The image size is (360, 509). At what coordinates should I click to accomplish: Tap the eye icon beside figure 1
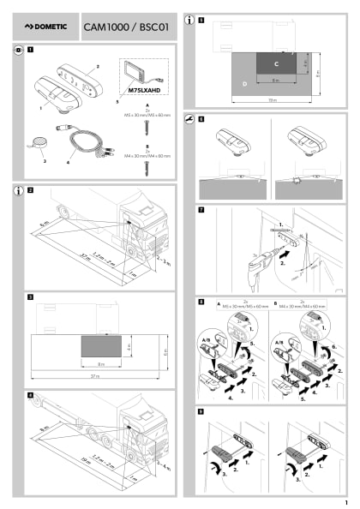pyautogui.click(x=19, y=51)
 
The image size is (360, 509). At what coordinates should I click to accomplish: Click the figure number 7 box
pyautogui.click(x=201, y=209)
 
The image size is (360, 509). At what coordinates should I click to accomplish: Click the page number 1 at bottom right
pyautogui.click(x=345, y=501)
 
